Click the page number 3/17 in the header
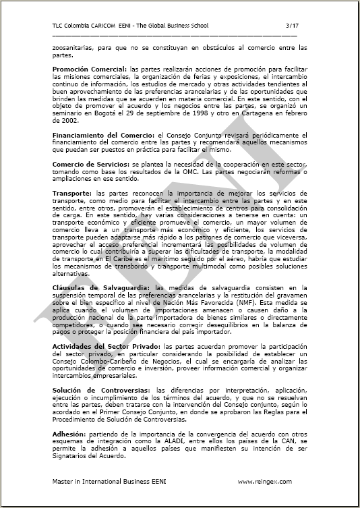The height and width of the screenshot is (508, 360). pyautogui.click(x=291, y=25)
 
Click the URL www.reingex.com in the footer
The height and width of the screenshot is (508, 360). pyautogui.click(x=265, y=482)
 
